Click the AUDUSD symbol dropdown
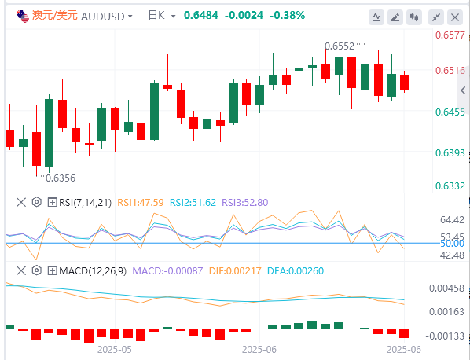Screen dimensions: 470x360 pos(107,16)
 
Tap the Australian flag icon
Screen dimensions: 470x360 pos(23,16)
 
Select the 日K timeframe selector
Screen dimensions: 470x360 pos(162,16)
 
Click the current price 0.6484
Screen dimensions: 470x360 pos(201,15)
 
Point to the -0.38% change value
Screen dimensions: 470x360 pos(287,15)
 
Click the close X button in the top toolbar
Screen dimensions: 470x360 pos(455,17)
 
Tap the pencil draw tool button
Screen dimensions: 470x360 pos(395,17)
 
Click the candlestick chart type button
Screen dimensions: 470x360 pos(414,17)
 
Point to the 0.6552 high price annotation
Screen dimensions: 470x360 pos(340,46)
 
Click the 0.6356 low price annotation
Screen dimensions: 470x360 pos(61,178)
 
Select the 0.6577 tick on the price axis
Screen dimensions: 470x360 pos(450,35)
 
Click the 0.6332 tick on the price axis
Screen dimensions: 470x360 pos(450,186)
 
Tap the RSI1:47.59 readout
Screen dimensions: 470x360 pos(141,203)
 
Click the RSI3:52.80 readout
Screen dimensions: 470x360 pos(245,203)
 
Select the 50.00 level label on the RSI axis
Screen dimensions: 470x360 pos(452,244)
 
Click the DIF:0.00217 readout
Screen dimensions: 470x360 pos(235,271)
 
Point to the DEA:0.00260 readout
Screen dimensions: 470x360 pos(296,271)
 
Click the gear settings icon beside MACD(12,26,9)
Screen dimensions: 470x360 pos(37,270)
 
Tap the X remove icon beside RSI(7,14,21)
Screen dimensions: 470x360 pos(21,202)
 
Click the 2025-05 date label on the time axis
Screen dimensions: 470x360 pos(115,350)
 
